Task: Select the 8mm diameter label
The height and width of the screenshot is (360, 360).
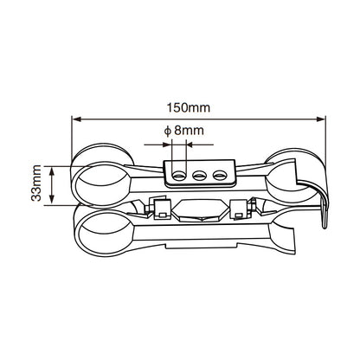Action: click(187, 132)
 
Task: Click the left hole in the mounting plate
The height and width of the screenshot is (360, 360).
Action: click(179, 175)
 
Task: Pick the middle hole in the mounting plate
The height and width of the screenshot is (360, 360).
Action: click(199, 175)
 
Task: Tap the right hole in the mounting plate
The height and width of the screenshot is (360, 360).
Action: click(219, 175)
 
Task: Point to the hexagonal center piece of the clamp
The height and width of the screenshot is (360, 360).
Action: click(198, 210)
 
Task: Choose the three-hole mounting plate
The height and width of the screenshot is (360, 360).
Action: click(199, 174)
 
